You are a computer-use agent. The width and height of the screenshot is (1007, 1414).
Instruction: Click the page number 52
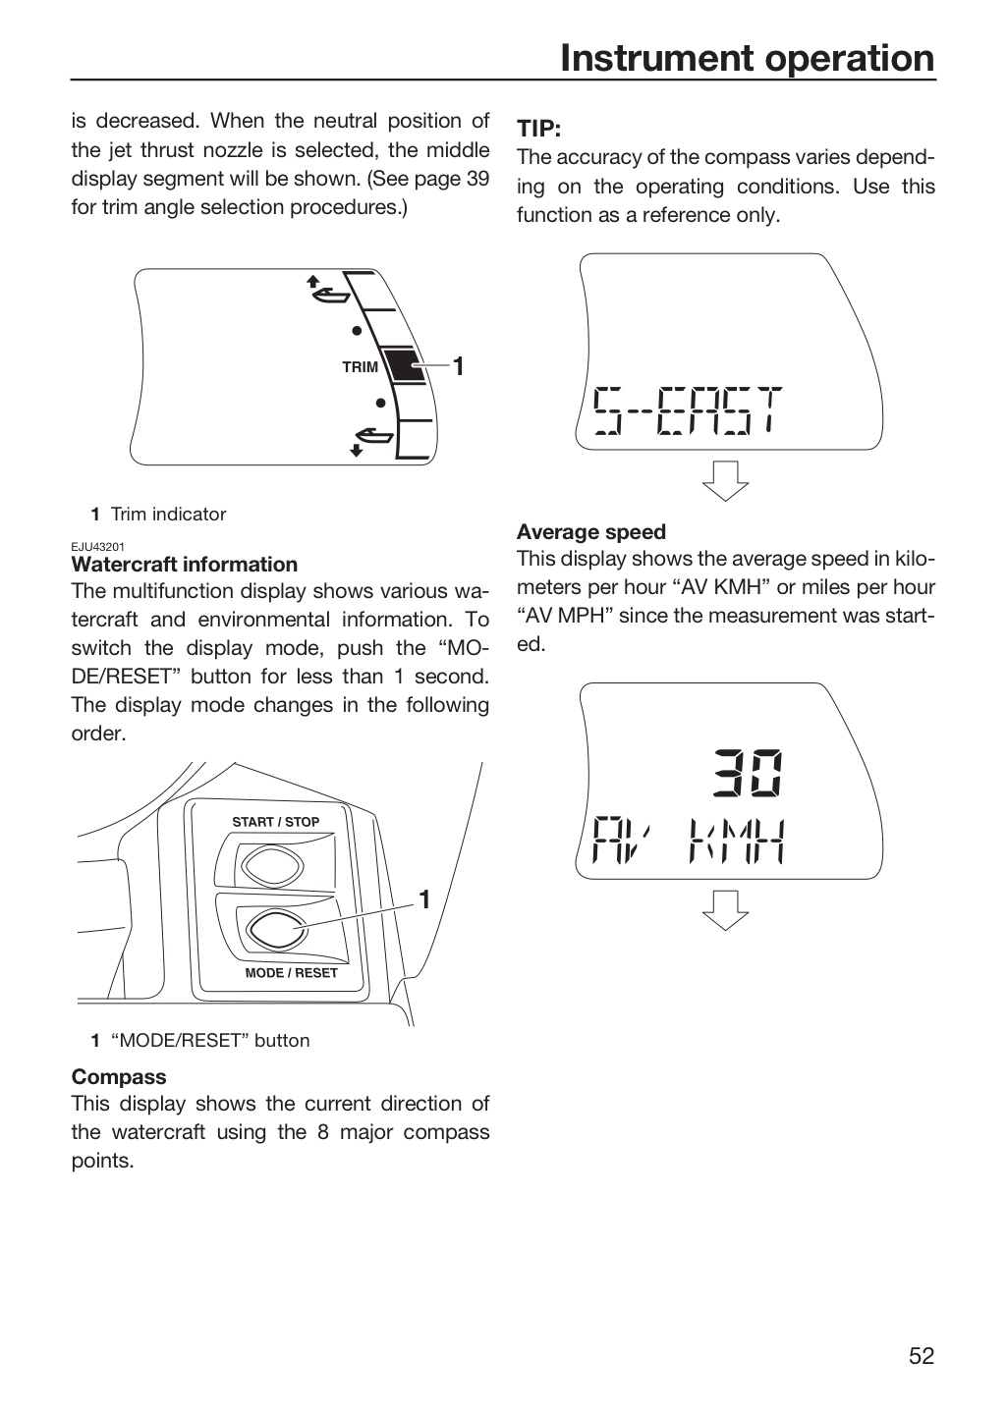point(922,1355)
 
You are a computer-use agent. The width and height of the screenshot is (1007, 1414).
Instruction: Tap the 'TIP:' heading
point(539,129)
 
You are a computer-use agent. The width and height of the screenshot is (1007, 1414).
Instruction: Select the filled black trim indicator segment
point(405,365)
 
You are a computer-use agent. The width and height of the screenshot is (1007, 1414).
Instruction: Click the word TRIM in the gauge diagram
point(361,367)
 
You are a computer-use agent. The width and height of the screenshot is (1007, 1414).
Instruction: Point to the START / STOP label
point(275,822)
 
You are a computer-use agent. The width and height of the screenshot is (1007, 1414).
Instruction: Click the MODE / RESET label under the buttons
point(291,973)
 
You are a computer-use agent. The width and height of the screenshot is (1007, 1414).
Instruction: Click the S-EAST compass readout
point(688,410)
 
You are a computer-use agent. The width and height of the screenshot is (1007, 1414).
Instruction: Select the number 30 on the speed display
point(748,772)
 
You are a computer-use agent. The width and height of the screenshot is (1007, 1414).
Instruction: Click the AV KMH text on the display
point(688,841)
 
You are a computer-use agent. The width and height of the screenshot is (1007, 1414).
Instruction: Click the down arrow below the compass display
point(725,481)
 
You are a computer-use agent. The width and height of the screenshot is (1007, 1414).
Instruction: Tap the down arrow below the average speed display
point(725,910)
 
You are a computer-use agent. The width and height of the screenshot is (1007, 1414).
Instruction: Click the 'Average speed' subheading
point(591,531)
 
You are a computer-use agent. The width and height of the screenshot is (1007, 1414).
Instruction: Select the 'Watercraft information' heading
point(185,564)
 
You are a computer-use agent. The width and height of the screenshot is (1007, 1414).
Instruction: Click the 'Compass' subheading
point(119,1076)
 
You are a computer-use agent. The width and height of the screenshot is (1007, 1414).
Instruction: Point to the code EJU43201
point(98,547)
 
